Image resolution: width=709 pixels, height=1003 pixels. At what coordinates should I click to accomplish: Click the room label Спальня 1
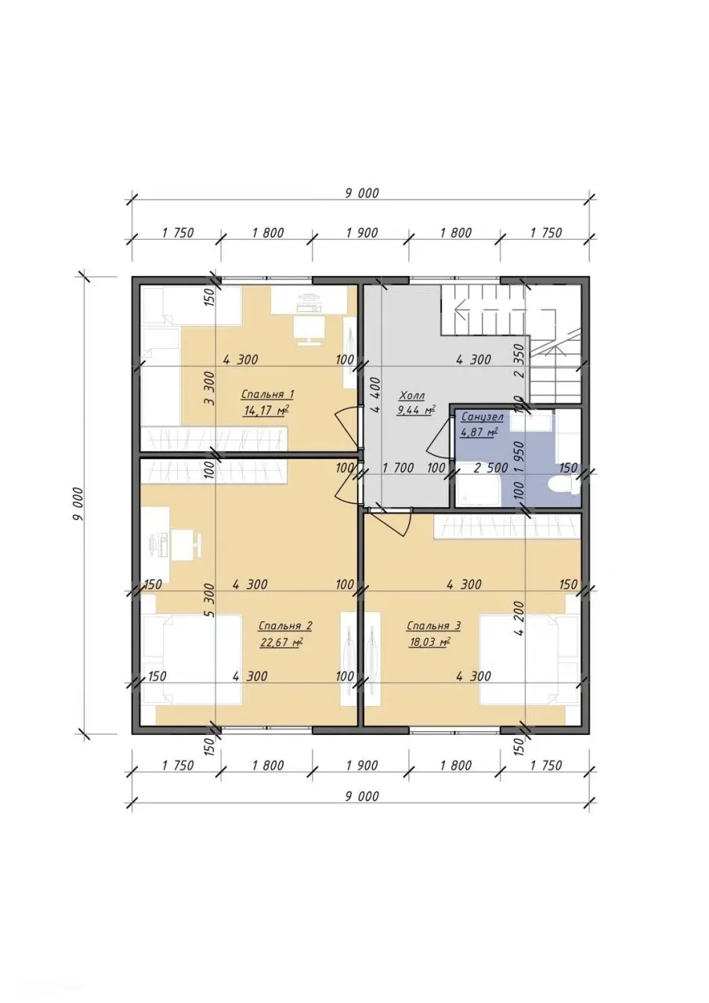click(267, 394)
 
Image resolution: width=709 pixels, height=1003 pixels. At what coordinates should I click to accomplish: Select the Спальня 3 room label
click(433, 625)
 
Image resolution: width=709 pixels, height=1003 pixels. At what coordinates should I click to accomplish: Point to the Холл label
click(412, 396)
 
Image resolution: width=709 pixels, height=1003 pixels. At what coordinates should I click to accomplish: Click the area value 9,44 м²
click(416, 410)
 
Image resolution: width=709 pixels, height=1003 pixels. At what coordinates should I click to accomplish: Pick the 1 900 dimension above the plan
click(362, 233)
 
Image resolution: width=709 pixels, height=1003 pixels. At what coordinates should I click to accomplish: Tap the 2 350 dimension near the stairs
click(519, 360)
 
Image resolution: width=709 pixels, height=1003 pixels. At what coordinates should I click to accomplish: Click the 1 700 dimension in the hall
click(398, 469)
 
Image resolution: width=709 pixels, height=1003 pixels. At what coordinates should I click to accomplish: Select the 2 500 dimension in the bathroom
click(490, 469)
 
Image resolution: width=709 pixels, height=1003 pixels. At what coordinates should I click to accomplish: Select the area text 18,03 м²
click(429, 643)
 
